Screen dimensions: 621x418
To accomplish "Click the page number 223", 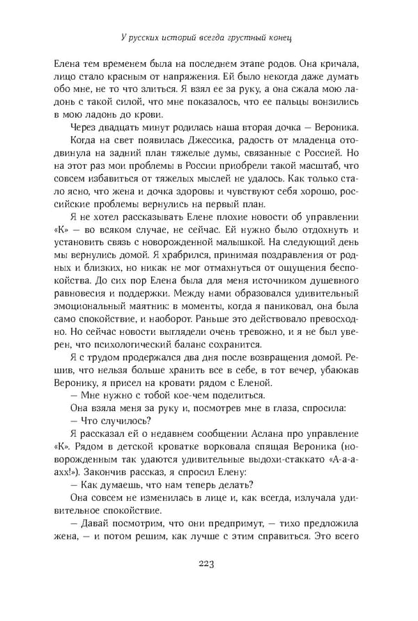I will [x=209, y=564].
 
